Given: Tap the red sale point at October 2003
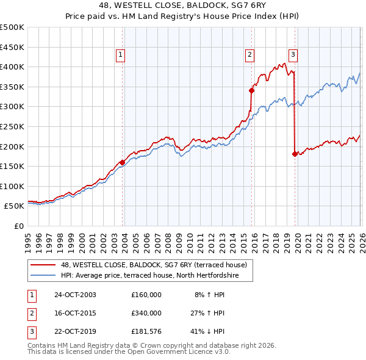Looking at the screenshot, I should (x=123, y=162).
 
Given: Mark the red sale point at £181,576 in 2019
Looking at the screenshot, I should (x=295, y=154).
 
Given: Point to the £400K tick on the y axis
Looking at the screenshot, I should (x=12, y=67).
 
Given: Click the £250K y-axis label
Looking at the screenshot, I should (x=12, y=126).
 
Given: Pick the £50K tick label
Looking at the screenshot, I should (x=14, y=206).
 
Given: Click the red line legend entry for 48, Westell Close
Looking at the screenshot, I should (x=153, y=265).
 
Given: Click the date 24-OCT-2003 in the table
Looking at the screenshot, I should (x=75, y=295).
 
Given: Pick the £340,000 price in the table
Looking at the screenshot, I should (x=146, y=313).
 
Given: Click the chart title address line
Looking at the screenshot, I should (x=183, y=6).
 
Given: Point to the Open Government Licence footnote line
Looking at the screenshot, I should (x=129, y=353).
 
